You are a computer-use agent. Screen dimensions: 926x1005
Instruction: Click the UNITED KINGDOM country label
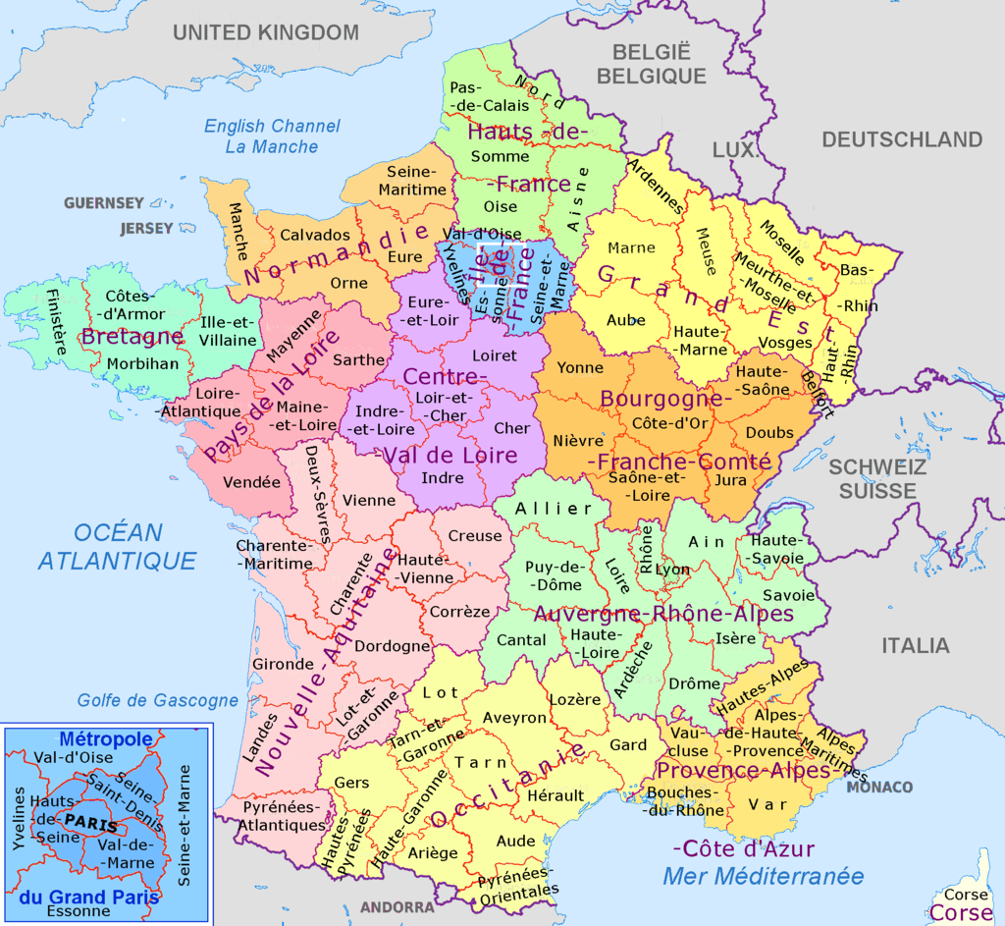266,32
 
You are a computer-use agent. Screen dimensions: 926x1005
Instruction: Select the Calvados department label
315,236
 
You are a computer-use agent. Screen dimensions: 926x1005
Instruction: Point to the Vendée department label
252,482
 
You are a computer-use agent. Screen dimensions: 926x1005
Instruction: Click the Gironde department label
284,664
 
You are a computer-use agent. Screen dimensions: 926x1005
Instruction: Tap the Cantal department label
522,640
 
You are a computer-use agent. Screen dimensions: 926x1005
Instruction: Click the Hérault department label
555,795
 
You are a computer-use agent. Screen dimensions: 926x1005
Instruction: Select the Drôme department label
694,683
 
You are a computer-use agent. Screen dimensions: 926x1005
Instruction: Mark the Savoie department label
788,595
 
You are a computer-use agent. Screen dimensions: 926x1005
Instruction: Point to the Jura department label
731,480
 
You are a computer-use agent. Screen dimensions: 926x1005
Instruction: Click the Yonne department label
581,367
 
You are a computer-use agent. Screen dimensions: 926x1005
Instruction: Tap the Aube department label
626,320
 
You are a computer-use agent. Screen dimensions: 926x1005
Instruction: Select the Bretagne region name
132,337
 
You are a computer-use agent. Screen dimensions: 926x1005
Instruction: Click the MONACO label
879,788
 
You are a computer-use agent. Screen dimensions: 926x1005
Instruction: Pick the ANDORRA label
397,907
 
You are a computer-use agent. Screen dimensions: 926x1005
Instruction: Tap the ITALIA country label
915,645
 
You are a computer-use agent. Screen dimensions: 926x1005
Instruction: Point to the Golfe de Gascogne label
158,700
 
